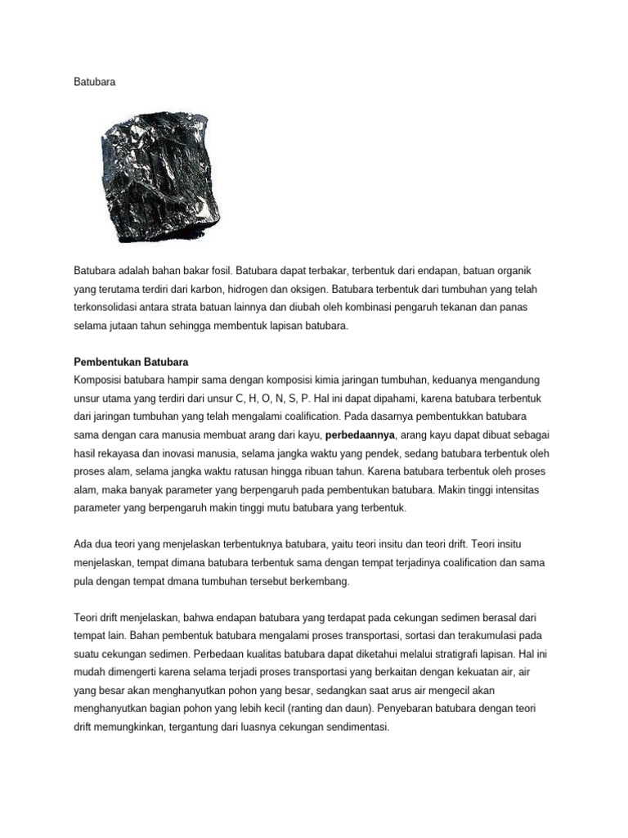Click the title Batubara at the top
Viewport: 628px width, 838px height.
[x=94, y=83]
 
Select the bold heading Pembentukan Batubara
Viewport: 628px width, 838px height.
[x=132, y=361]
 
